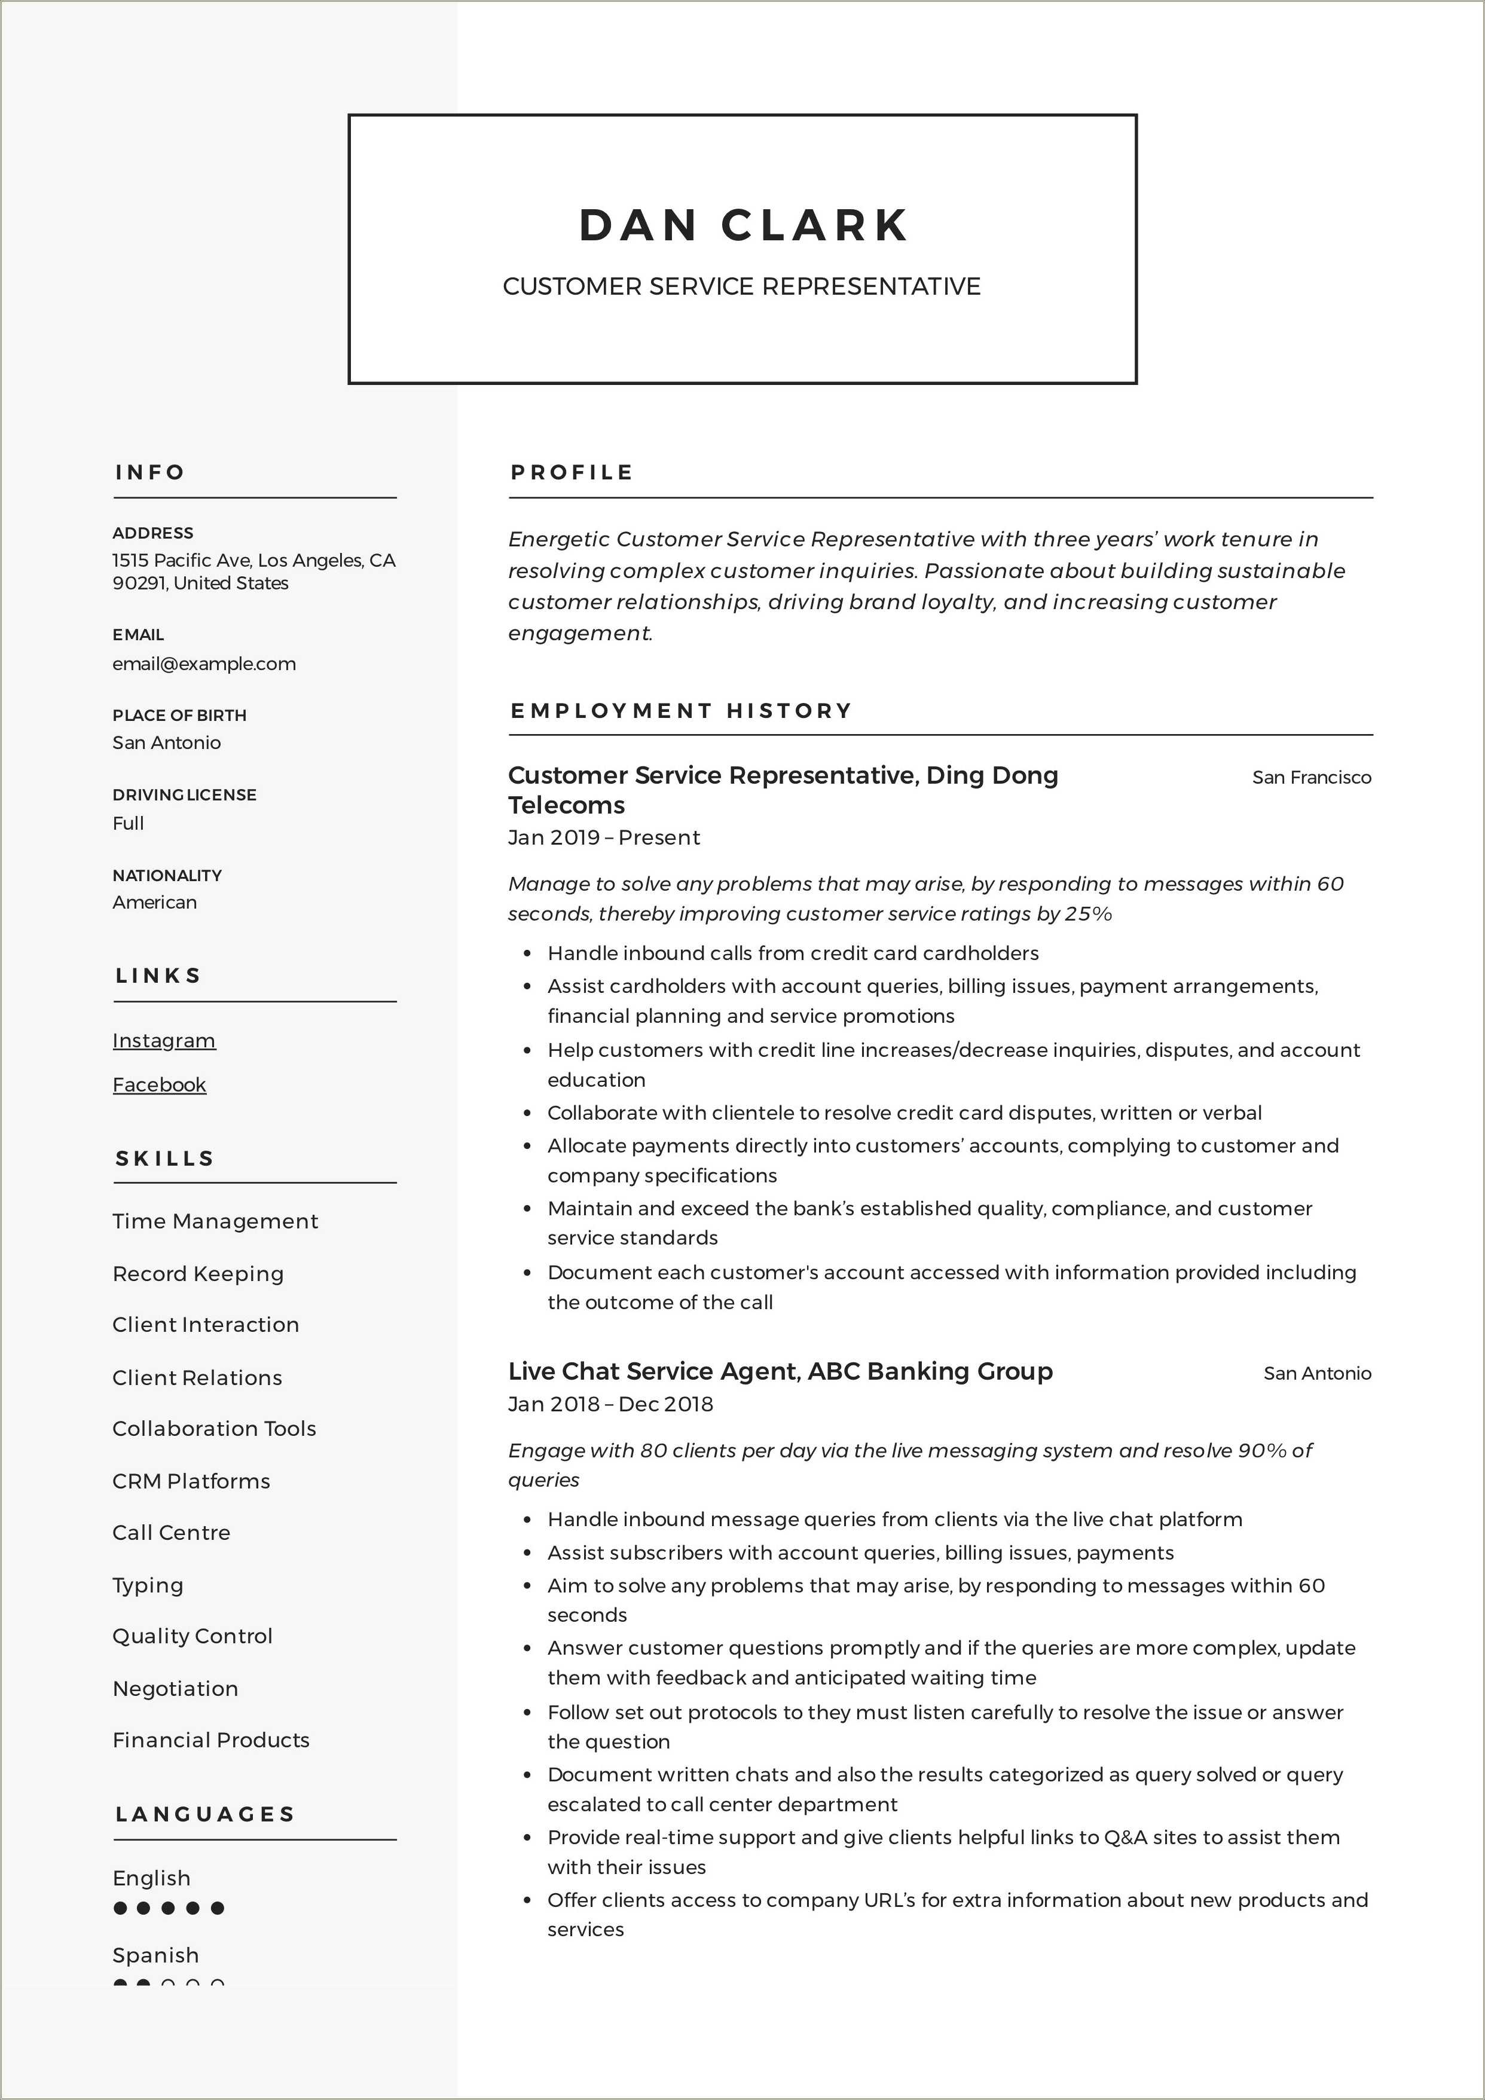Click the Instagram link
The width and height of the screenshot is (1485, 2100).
tap(164, 1041)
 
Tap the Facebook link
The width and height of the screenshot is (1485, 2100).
tap(159, 1085)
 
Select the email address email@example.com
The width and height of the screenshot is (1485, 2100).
tap(204, 664)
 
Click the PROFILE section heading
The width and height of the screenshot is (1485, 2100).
tap(572, 473)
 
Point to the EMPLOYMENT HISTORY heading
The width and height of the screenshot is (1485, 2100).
tap(681, 711)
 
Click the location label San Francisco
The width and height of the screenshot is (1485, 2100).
tap(1311, 778)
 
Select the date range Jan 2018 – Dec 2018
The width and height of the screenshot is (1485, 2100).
tap(610, 1404)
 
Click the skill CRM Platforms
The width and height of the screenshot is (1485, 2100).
tap(191, 1481)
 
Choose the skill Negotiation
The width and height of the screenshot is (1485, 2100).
tap(175, 1688)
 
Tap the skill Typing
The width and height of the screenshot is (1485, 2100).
tap(147, 1585)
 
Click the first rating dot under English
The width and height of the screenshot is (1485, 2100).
tap(120, 1908)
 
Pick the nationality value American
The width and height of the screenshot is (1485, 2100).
tap(155, 903)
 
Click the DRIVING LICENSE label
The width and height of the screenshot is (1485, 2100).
tap(184, 795)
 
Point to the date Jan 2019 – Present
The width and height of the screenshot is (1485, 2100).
tap(604, 838)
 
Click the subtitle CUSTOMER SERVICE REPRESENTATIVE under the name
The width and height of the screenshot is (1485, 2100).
tap(741, 286)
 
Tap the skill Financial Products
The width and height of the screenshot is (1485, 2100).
tap(210, 1740)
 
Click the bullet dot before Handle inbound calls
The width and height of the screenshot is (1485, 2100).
tap(527, 954)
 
